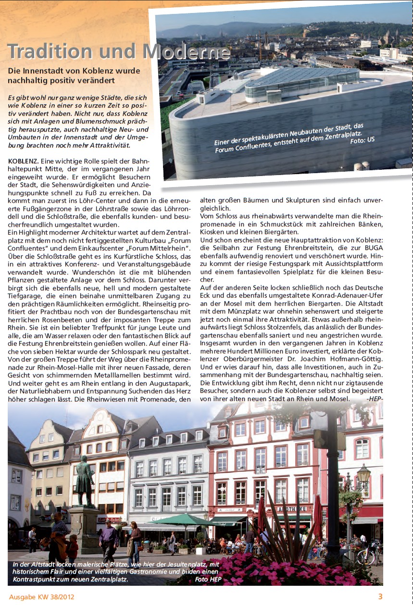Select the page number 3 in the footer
[380, 597]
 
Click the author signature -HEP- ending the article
[374, 398]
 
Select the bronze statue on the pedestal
[85, 480]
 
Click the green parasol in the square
[185, 520]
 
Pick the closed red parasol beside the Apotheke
[318, 517]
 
